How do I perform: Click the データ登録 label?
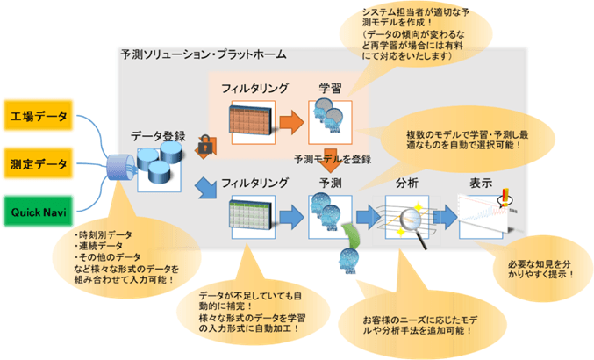pos(158,136)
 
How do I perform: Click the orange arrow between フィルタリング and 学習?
pos(289,118)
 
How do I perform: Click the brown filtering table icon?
pos(249,119)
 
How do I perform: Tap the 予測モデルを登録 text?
pos(333,159)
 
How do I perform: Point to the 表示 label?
pos(481,184)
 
